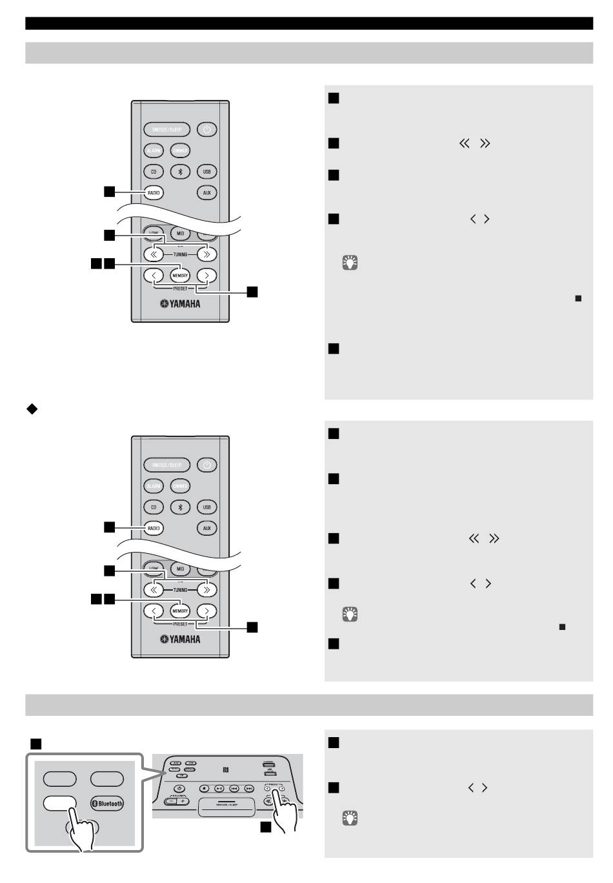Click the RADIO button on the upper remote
[x=154, y=192]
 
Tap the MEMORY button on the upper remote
[x=180, y=276]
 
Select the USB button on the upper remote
[x=206, y=172]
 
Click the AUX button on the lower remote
[x=206, y=528]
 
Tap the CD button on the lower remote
[x=154, y=507]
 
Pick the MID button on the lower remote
[x=180, y=569]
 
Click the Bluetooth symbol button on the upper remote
[x=180, y=172]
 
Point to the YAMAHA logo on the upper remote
[x=181, y=303]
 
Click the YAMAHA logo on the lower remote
[x=181, y=639]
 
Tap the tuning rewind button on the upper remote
[x=154, y=254]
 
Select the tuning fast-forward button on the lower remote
[x=206, y=590]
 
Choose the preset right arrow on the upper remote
[x=206, y=276]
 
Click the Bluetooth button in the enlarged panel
[x=107, y=804]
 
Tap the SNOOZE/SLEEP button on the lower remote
[x=167, y=465]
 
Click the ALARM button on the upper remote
[x=154, y=151]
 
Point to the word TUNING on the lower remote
[x=180, y=590]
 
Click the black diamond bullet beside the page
[x=30, y=409]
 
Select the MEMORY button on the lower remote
[x=180, y=611]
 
